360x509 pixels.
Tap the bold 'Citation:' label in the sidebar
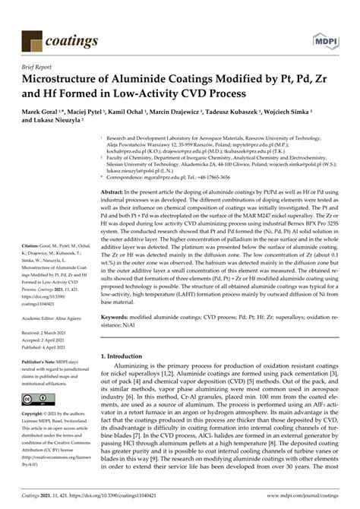tap(35, 267)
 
